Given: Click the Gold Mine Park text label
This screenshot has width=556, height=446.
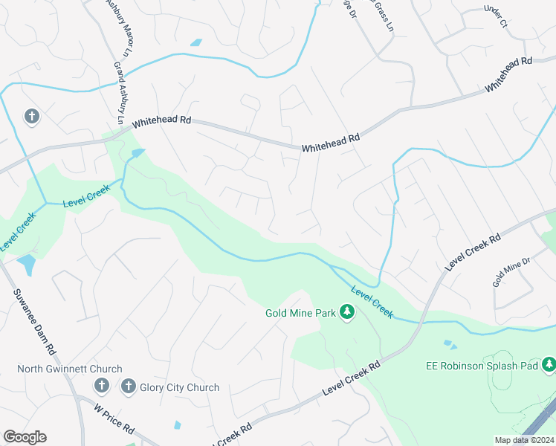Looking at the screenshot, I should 301,313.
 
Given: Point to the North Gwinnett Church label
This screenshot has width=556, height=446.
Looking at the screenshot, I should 70,369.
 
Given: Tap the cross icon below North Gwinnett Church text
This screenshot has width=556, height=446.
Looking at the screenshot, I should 102,387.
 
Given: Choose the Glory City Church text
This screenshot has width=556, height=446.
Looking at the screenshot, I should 181,387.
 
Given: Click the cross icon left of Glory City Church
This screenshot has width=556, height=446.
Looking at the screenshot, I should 128,387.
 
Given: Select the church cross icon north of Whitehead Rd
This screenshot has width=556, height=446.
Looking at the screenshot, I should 31,117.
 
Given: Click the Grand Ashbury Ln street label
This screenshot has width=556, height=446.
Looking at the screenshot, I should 120,93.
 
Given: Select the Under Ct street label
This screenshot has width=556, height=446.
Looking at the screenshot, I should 494,17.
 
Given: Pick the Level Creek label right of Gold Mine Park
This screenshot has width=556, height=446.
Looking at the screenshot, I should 371,303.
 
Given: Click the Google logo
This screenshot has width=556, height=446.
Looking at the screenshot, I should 25,437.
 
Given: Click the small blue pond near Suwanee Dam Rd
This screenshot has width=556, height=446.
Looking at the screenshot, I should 26,264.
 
